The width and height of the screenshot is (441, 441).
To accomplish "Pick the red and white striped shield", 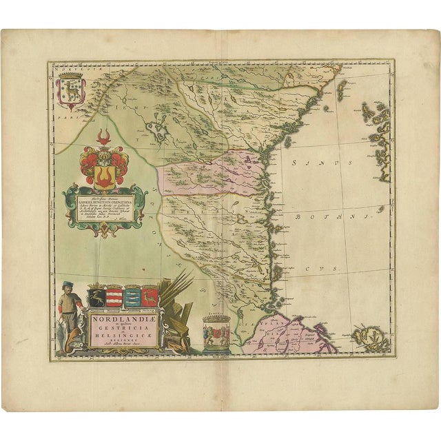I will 115,298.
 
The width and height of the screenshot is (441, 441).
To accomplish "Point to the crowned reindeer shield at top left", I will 70,92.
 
